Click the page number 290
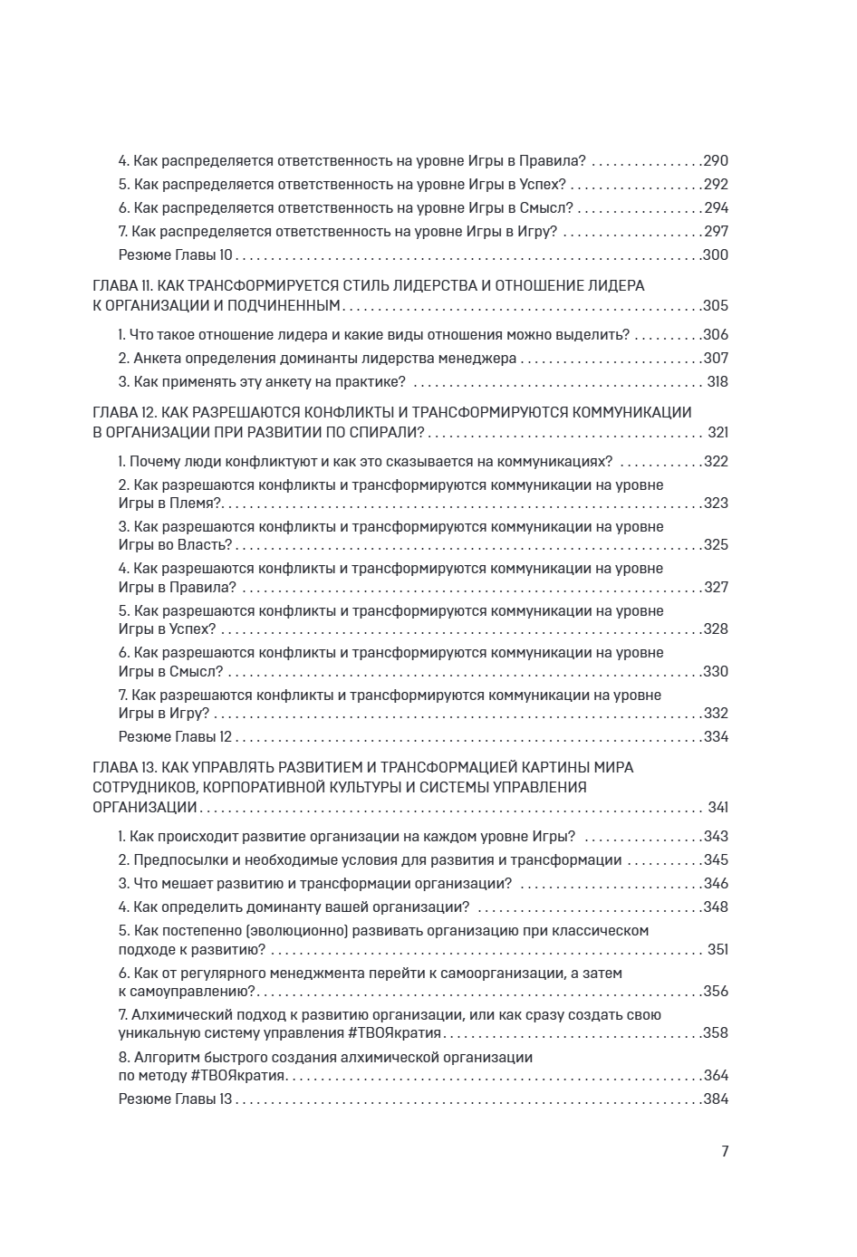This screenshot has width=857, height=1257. coord(716,161)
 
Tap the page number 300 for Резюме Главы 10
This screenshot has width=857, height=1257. coord(716,255)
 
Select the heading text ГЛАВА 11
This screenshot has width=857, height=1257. coord(127,286)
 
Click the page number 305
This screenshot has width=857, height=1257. coord(716,306)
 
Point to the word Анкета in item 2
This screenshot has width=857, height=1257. coord(157,359)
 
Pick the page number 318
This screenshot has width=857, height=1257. coord(717,382)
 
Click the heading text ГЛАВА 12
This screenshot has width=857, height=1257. coord(128,413)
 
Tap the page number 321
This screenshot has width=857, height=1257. coord(717,433)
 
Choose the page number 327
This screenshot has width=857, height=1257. coord(716,588)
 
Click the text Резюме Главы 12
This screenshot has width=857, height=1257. coord(176,737)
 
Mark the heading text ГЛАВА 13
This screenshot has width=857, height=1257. coord(128,768)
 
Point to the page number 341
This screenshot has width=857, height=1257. coord(717,808)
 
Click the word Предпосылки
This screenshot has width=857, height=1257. coord(180,860)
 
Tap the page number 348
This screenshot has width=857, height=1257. coord(716,907)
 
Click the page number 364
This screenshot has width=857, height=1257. coord(716,1076)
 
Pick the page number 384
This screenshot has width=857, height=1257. coord(716,1099)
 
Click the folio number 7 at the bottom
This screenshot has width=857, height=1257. coord(725,1152)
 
